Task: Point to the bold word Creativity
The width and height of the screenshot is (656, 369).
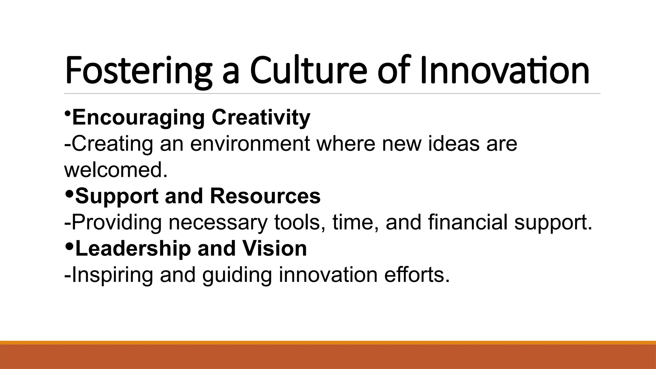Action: coord(261,118)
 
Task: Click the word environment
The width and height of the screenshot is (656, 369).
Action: coord(250,144)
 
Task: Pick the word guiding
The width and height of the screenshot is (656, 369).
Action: coord(237,275)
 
